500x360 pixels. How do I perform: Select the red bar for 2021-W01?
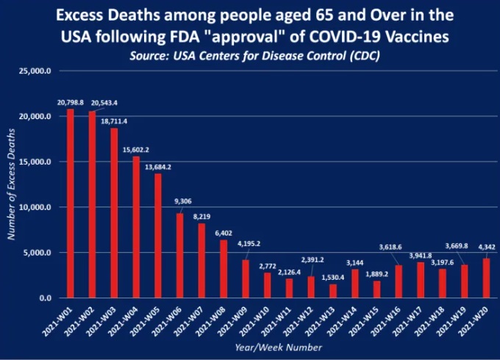click(x=71, y=204)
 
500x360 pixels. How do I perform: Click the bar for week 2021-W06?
click(x=180, y=256)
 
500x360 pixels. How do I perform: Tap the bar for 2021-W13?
click(x=333, y=291)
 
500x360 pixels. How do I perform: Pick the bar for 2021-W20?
click(x=486, y=278)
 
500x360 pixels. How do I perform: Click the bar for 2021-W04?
click(x=136, y=227)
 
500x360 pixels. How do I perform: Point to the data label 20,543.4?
click(x=104, y=103)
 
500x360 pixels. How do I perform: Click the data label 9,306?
click(x=183, y=201)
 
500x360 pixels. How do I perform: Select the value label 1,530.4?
click(x=333, y=278)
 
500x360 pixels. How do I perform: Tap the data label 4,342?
click(x=487, y=247)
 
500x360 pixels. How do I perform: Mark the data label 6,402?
click(x=224, y=233)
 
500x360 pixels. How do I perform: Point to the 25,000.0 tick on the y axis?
click(x=35, y=71)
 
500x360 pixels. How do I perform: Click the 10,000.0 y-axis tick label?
click(x=35, y=207)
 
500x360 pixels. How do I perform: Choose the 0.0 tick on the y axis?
click(x=46, y=298)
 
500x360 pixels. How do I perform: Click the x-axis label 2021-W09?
click(x=234, y=321)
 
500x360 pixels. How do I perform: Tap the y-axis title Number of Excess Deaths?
click(x=11, y=184)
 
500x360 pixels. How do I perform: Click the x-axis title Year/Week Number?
click(x=279, y=348)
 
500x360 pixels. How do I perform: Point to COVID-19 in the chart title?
click(x=343, y=36)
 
